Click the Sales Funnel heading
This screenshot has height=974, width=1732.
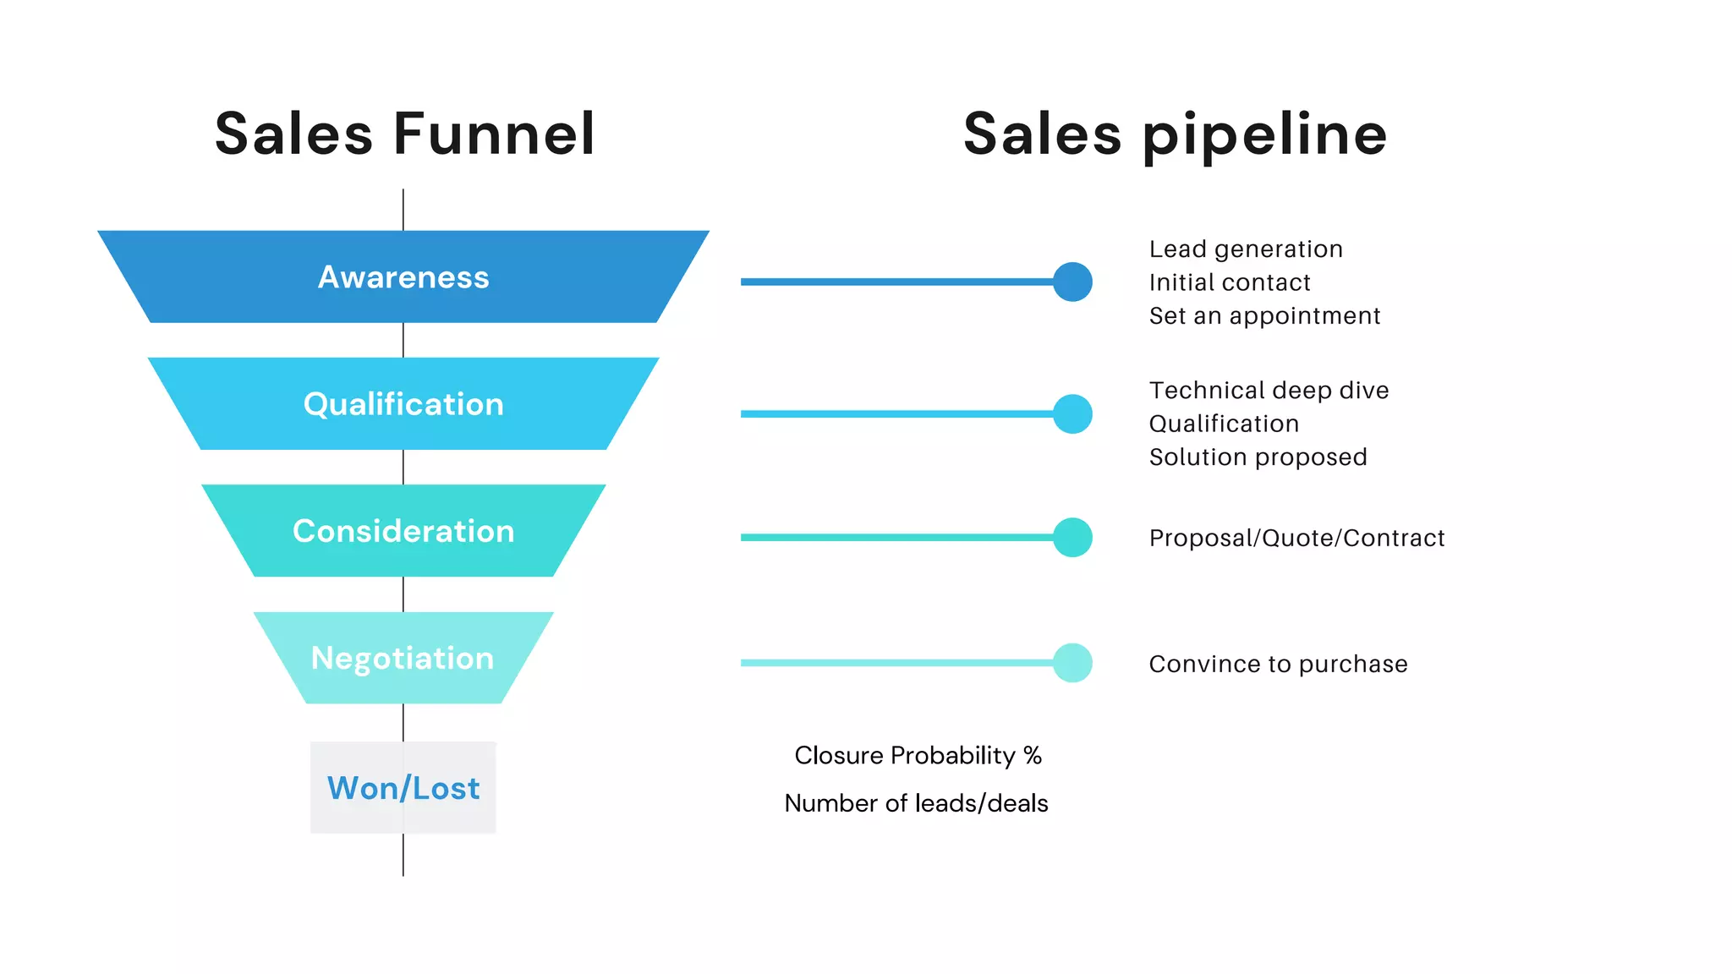(x=404, y=134)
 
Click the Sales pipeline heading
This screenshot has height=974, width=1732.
(x=1175, y=134)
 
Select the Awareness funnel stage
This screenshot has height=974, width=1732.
(x=403, y=277)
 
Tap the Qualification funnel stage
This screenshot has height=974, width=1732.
(x=403, y=404)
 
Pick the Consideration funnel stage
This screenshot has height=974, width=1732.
(x=403, y=531)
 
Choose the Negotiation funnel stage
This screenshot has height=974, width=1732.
(x=403, y=658)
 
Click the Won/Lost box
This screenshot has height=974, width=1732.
(x=403, y=788)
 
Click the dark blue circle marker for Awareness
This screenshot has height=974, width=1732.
(x=1072, y=282)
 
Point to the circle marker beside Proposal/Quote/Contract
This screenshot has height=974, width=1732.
(x=1072, y=538)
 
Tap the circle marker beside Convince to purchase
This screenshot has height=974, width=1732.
(x=1072, y=663)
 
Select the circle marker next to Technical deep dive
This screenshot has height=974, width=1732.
(x=1072, y=414)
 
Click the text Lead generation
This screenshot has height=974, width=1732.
(x=1246, y=249)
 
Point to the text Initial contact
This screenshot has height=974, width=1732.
(x=1230, y=282)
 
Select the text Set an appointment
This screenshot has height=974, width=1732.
(x=1264, y=316)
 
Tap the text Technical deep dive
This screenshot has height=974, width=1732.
(x=1269, y=391)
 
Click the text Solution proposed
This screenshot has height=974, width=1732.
(x=1258, y=457)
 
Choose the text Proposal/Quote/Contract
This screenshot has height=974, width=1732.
(x=1296, y=538)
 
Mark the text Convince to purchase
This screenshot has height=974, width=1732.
(x=1278, y=665)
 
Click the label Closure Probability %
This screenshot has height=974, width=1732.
(x=918, y=755)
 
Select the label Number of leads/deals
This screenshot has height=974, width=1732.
(x=916, y=803)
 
